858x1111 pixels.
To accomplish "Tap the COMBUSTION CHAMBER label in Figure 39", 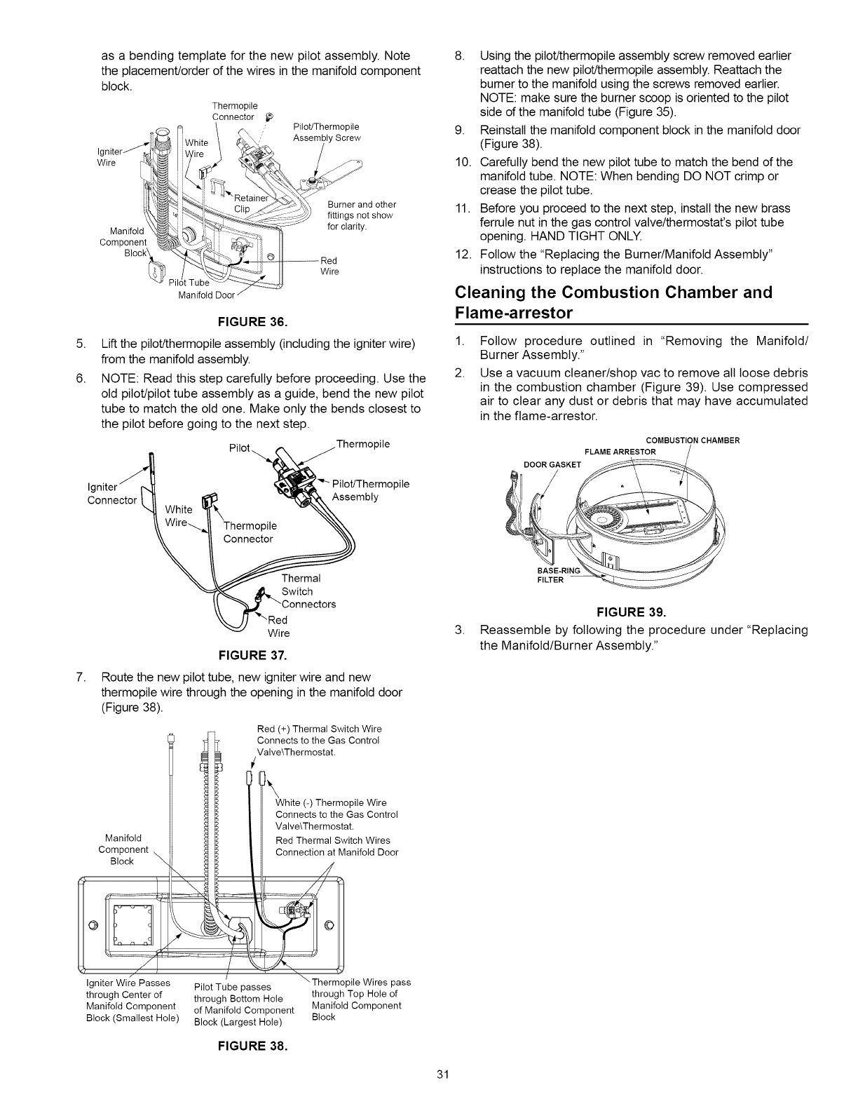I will pos(693,440).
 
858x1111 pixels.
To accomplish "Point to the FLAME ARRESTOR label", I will pos(620,451).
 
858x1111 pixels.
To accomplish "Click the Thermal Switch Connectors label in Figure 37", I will pos(308,591).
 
